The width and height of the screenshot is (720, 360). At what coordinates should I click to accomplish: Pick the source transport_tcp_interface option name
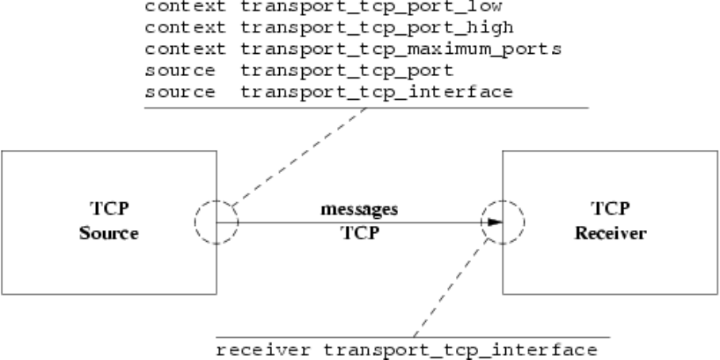pos(375,92)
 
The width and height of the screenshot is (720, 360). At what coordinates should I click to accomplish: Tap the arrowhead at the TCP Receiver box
pos(493,222)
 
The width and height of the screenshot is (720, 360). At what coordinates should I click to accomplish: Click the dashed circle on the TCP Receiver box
pos(503,222)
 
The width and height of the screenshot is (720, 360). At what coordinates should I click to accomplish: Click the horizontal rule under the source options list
pos(365,107)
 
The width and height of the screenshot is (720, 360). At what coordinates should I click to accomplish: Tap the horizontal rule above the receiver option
pos(365,335)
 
